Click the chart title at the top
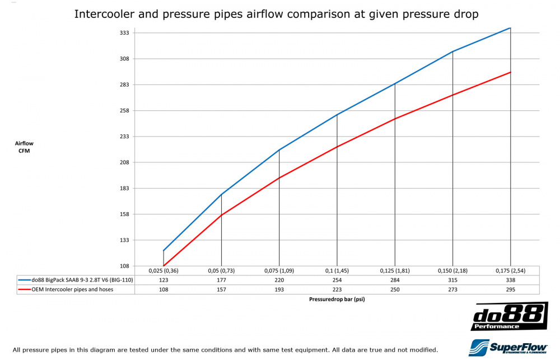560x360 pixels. (x=276, y=14)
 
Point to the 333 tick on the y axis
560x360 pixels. (x=125, y=32)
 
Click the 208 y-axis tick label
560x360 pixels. (x=125, y=162)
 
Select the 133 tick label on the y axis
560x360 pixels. (x=125, y=240)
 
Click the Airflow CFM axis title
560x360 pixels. (x=24, y=147)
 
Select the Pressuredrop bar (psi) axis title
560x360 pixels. (x=337, y=299)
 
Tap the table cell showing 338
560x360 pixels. (x=510, y=280)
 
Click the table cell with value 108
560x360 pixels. (x=164, y=289)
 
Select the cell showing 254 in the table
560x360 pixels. (x=337, y=280)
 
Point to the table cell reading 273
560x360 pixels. (x=452, y=289)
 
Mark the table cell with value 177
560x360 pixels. (x=221, y=280)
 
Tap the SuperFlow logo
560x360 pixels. (x=508, y=347)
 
